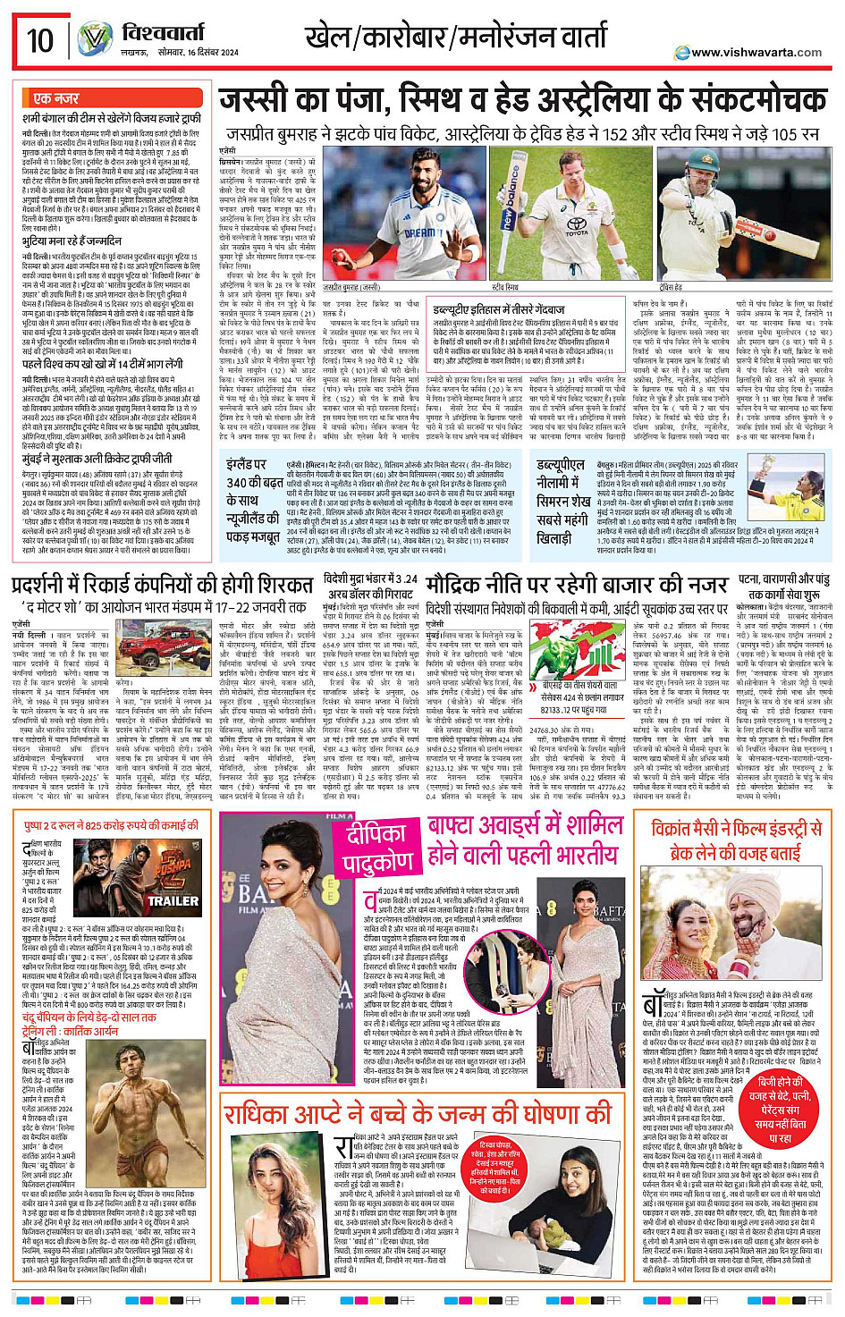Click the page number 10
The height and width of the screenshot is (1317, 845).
[x=39, y=40]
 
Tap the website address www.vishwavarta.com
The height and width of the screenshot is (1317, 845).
[x=756, y=52]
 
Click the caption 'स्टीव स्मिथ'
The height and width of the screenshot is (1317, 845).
[x=505, y=288]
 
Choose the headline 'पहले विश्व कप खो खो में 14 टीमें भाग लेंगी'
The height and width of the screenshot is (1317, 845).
[x=103, y=364]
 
